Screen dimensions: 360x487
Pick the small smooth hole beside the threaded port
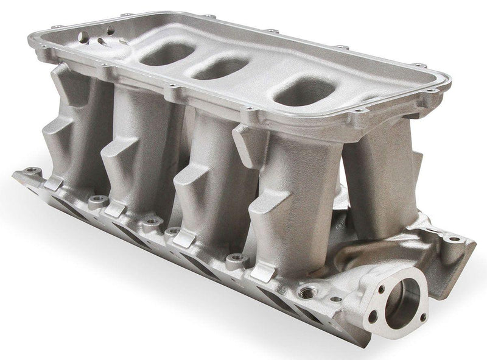click(x=333, y=300)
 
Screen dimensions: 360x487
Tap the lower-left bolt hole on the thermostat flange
click(x=372, y=317)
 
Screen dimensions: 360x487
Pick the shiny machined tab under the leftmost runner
click(x=55, y=183)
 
